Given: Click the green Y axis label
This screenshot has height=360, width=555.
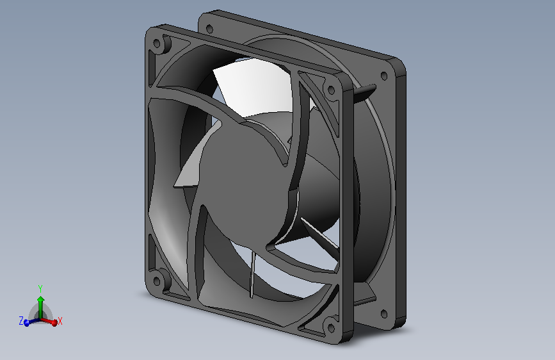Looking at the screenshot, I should (40, 288).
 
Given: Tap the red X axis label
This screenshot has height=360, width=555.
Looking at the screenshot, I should (60, 320).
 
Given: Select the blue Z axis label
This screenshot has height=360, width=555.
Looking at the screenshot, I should (21, 321).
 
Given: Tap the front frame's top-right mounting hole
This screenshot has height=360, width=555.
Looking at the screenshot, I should (332, 90).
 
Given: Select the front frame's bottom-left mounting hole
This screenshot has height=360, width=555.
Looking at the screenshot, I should (157, 279).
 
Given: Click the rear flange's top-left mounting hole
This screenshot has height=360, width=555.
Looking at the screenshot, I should (208, 28).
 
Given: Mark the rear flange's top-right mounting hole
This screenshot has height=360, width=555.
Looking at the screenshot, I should (383, 76).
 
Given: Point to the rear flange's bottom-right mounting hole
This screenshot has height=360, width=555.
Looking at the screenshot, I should (383, 315).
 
